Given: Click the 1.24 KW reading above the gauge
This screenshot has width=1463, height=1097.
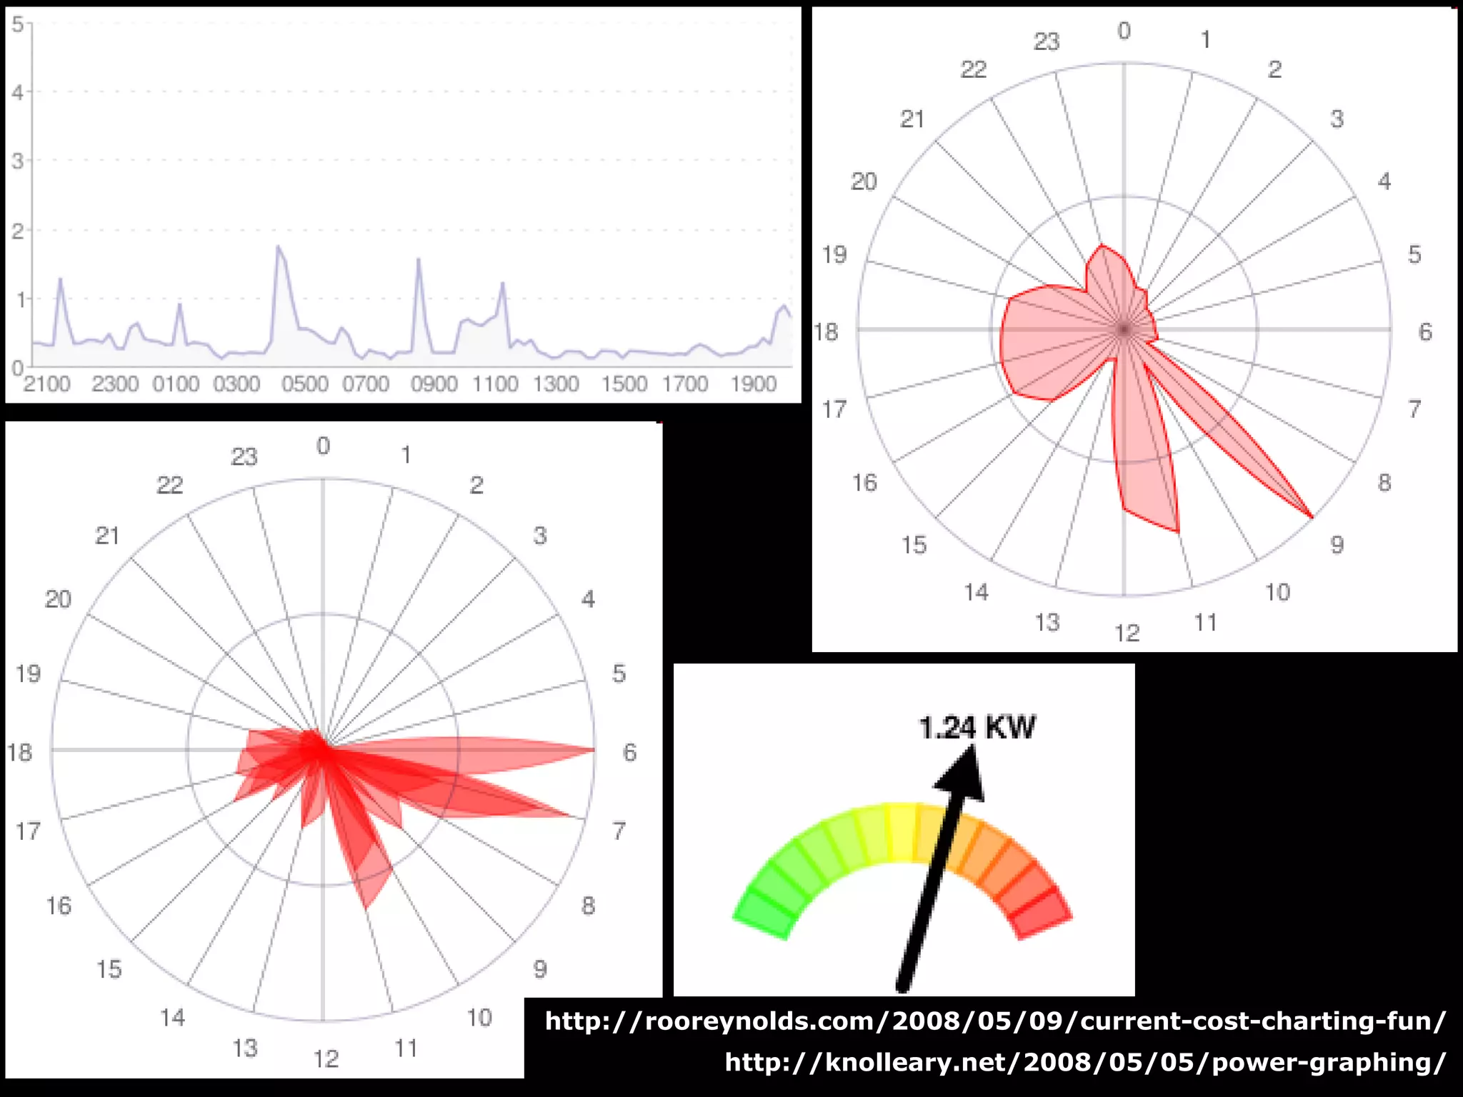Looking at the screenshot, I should [977, 728].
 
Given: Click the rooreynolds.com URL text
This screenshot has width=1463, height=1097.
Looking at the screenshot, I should [995, 1021].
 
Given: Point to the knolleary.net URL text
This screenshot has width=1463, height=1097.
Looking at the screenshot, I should [1085, 1062].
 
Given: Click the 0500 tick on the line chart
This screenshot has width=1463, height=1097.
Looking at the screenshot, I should [305, 384].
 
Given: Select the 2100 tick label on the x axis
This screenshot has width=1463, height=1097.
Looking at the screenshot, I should [47, 384].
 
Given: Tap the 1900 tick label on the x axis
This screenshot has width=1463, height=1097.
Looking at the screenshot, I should [753, 384].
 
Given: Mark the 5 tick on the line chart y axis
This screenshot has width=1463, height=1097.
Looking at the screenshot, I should [18, 24].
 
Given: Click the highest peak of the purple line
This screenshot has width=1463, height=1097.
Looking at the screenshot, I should [278, 246].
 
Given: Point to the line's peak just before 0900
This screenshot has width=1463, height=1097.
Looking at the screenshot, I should [418, 259].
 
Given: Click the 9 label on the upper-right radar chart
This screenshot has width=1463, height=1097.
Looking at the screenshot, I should [1337, 546].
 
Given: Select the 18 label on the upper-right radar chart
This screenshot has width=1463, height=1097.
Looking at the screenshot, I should [826, 332].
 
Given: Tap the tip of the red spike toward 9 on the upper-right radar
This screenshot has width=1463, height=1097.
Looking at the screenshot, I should [1312, 516].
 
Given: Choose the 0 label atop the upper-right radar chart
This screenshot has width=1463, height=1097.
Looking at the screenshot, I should [1124, 31].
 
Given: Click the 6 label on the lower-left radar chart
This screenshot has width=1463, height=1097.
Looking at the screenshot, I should [629, 752].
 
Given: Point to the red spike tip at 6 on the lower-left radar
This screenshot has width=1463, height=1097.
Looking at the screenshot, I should [593, 750].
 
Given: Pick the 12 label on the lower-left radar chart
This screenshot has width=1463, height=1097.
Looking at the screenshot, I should [326, 1058].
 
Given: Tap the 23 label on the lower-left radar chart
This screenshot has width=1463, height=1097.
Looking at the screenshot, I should [244, 457].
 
